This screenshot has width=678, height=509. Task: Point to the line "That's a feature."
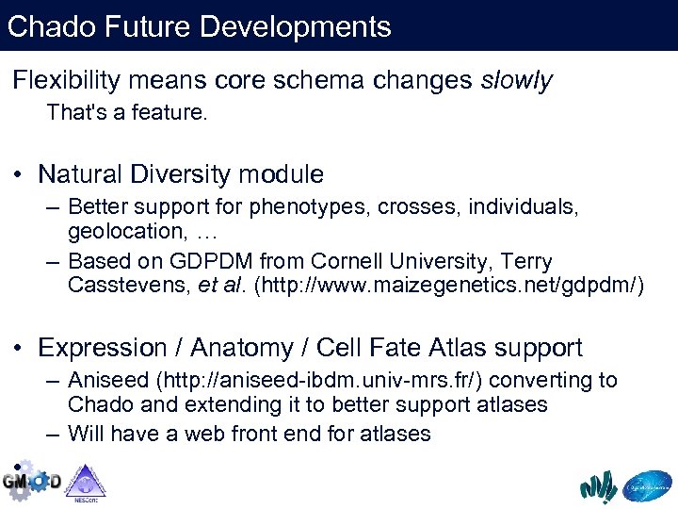click(126, 113)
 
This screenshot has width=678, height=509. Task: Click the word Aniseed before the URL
click(109, 381)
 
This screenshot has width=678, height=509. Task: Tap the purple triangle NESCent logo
click(86, 481)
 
